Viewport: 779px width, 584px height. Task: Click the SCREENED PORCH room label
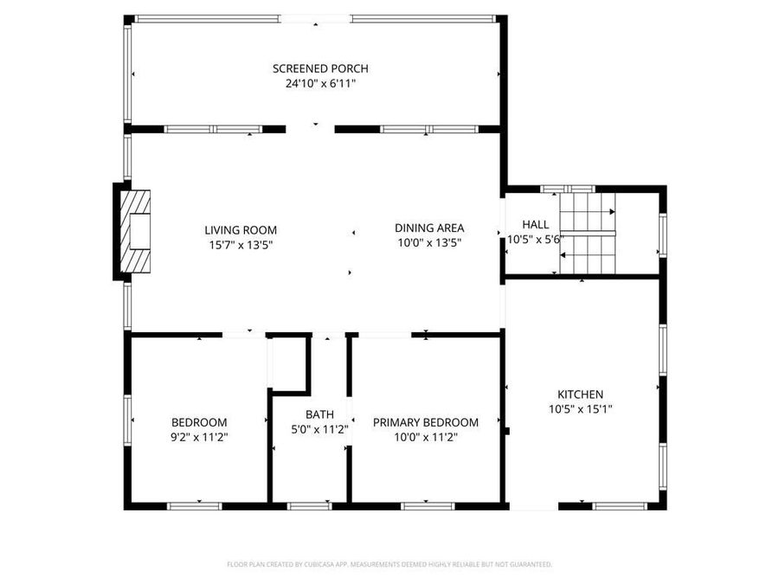pos(320,68)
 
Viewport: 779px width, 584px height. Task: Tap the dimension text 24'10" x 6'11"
pos(320,84)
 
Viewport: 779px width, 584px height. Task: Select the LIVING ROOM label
pos(241,229)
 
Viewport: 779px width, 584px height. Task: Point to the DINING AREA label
pos(429,228)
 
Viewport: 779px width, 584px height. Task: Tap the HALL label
pos(535,224)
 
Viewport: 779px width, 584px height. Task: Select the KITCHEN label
pos(580,394)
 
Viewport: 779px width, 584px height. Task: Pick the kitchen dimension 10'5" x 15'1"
pos(580,409)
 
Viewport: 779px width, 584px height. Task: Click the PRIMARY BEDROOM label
pos(425,422)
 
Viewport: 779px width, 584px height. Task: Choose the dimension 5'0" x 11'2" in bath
pos(319,430)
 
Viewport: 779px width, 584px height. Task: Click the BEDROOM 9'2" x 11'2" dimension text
pos(199,438)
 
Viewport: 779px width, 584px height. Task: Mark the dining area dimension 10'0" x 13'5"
pos(429,243)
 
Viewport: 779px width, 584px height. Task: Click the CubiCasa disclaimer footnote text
pos(389,564)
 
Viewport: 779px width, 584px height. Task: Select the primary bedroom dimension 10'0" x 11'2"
pos(425,438)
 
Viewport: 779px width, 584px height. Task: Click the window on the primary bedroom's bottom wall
pos(428,505)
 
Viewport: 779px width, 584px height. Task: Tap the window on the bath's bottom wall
pos(309,505)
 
